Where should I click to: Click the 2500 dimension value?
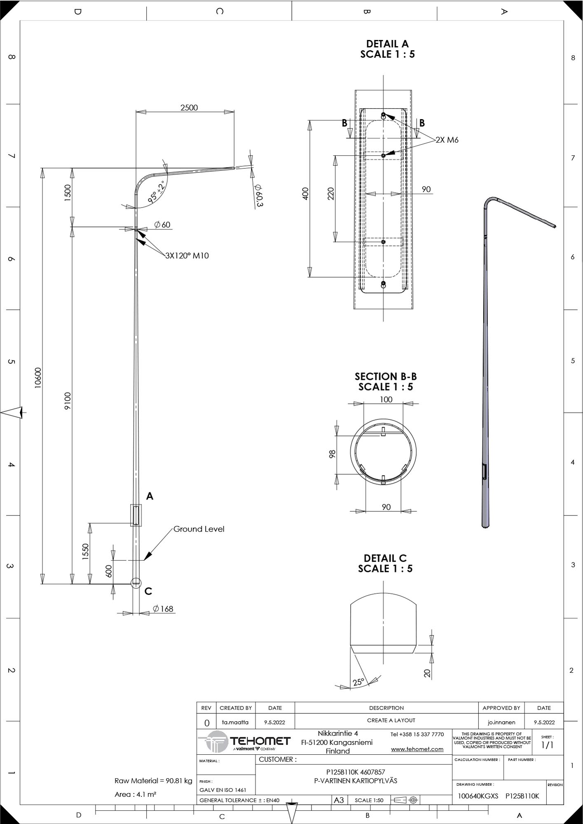189,108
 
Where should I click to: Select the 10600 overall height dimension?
38,378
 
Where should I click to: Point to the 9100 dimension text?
68,401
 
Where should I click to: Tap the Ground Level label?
199,529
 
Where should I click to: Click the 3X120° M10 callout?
187,256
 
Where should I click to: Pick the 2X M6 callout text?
447,140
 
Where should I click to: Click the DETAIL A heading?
387,44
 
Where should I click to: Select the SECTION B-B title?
386,376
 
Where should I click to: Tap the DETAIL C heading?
385,558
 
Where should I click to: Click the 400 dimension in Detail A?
305,194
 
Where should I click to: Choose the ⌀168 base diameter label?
163,609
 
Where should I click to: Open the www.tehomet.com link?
417,749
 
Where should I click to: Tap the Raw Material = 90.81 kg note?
153,781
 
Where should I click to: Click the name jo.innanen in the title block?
501,722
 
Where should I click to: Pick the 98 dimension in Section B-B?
332,454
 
